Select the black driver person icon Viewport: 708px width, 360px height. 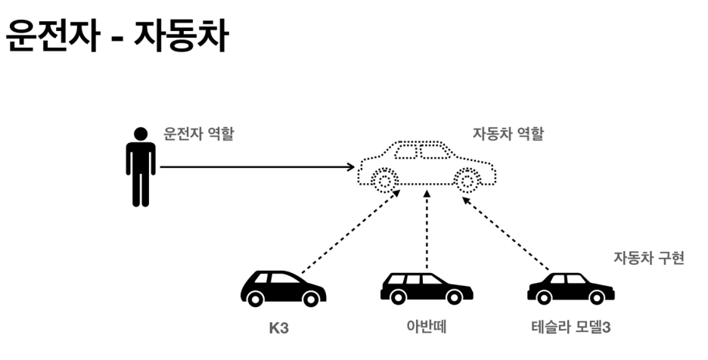point(140,168)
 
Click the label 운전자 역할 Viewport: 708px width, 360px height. point(199,135)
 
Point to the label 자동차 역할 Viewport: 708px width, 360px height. point(508,135)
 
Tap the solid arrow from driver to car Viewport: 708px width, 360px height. point(257,167)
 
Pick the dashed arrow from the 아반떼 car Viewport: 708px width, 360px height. point(427,231)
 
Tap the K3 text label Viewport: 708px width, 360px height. point(280,329)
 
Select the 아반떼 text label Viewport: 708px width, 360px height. point(427,329)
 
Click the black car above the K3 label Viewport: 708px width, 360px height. point(283,288)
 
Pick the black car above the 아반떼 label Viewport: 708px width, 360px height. point(426,288)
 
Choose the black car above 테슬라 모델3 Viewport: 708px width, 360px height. point(570,288)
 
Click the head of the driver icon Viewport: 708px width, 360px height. point(140,134)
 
